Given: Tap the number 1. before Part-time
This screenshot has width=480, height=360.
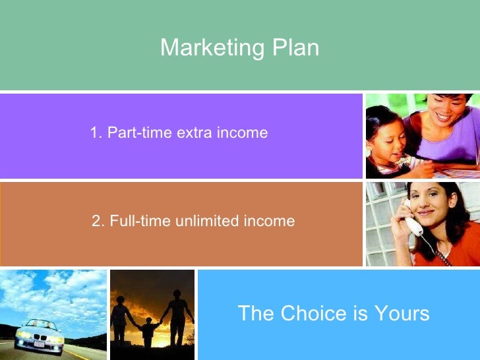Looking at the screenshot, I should pyautogui.click(x=96, y=133).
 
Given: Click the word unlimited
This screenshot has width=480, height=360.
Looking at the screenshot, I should pyautogui.click(x=207, y=222).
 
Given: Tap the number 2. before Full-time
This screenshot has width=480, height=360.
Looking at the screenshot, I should pyautogui.click(x=98, y=222).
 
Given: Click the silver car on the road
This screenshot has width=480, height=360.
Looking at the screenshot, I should pyautogui.click(x=40, y=334).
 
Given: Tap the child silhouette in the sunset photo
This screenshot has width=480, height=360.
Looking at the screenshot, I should pyautogui.click(x=149, y=330).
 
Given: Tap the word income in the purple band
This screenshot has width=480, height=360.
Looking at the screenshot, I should pyautogui.click(x=243, y=133).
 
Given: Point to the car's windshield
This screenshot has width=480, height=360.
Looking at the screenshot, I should pyautogui.click(x=39, y=325).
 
